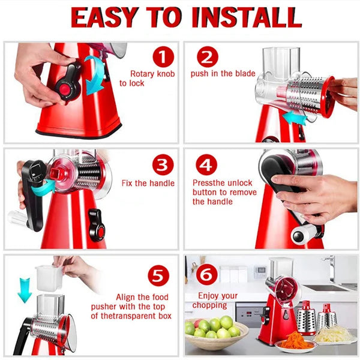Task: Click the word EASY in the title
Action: pyautogui.click(x=106, y=17)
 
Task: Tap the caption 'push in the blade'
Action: pyautogui.click(x=223, y=74)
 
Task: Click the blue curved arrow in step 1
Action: pyautogui.click(x=95, y=74)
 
